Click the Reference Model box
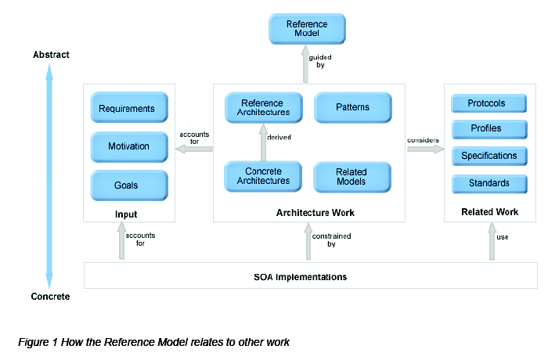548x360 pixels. [x=307, y=29]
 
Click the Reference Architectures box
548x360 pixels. [x=262, y=107]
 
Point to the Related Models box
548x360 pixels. [x=352, y=176]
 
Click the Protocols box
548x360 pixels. [x=486, y=104]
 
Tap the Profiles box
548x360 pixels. [x=486, y=128]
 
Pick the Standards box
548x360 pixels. [x=486, y=183]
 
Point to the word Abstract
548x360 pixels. [x=51, y=55]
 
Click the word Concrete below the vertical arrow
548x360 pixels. [x=50, y=297]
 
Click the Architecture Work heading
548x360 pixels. [x=309, y=212]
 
